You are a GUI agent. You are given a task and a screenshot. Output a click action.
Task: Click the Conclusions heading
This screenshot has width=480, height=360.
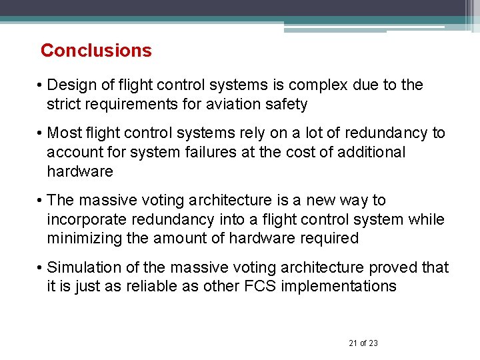point(96,51)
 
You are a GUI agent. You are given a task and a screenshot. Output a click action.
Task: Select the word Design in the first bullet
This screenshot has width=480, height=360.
point(70,85)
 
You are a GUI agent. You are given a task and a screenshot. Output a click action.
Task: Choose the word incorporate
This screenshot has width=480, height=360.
point(84,219)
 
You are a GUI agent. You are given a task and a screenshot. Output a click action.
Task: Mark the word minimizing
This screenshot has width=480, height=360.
point(81,239)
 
